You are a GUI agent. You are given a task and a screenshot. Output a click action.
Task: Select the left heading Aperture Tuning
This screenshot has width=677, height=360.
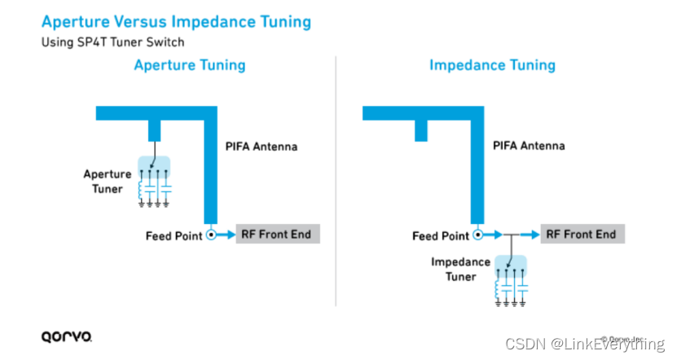(x=189, y=64)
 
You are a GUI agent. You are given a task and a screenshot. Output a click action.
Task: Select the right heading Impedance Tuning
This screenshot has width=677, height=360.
(x=492, y=64)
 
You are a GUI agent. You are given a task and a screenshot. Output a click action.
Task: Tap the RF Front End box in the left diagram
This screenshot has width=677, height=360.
(x=276, y=235)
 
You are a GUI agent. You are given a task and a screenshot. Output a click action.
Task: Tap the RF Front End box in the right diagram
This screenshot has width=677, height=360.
(x=581, y=235)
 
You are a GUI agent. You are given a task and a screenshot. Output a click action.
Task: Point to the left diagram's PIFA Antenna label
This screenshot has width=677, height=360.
(x=262, y=147)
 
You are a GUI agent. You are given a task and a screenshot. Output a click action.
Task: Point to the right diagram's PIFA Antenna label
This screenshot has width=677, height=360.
(x=529, y=147)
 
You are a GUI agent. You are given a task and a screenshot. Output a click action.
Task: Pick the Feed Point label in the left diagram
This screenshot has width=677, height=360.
(x=174, y=236)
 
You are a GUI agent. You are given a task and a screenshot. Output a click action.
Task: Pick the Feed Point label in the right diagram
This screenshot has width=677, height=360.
(x=441, y=236)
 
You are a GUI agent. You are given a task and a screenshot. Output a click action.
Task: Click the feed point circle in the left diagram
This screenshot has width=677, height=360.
(x=211, y=235)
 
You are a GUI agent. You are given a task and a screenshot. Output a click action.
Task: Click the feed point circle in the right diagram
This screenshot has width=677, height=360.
(x=478, y=235)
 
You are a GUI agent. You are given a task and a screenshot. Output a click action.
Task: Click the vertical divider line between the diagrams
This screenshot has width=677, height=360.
(x=336, y=179)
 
